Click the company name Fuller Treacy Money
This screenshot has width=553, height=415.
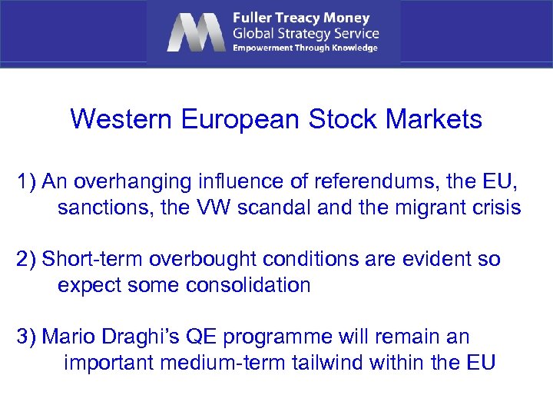pos(301,18)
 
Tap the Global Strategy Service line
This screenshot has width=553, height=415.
pos(306,33)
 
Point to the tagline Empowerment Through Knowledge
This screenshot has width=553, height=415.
pos(305,48)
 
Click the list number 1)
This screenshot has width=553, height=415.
pos(28,181)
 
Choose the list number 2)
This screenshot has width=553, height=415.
pos(28,259)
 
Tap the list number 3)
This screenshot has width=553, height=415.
pos(28,337)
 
